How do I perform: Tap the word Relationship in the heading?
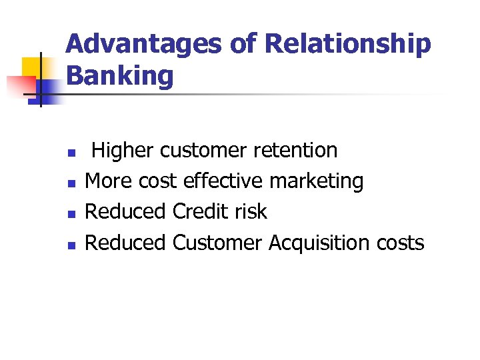[x=348, y=45]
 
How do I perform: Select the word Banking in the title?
[x=120, y=76]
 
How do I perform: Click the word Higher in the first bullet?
[x=123, y=151]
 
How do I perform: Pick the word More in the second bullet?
[x=109, y=181]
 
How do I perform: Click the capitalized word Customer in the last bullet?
[x=217, y=243]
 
